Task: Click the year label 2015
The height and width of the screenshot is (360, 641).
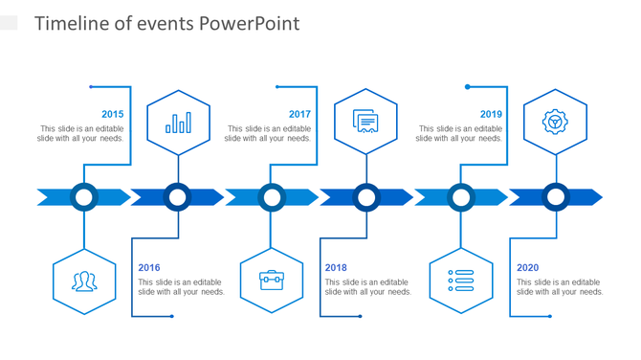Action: coord(113,114)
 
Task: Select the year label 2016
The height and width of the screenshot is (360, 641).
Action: coord(149,268)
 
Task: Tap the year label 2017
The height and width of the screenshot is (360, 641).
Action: coord(299,114)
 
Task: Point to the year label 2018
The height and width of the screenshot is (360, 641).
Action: coord(336,268)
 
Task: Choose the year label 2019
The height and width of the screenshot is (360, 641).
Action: coord(491,114)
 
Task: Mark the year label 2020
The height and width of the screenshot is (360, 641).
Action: coord(528,268)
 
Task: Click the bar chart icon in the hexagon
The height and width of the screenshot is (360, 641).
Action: coord(178,123)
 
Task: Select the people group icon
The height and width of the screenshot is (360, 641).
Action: coord(84,281)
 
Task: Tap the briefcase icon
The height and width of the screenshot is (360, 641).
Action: coord(272,281)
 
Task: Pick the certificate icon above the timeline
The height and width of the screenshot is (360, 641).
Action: coord(365,122)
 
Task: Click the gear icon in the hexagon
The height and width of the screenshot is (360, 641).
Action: coord(555,122)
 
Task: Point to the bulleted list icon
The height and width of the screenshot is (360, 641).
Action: coord(461,281)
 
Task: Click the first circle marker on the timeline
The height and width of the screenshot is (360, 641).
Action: coord(84,197)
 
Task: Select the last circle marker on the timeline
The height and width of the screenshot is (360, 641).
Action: coord(556,197)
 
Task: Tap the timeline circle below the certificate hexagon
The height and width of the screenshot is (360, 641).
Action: coord(366,197)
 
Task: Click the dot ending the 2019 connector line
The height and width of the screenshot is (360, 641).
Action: coord(468,87)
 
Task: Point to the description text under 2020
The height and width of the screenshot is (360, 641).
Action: coord(560,287)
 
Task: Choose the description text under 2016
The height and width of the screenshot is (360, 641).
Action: coord(181,287)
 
